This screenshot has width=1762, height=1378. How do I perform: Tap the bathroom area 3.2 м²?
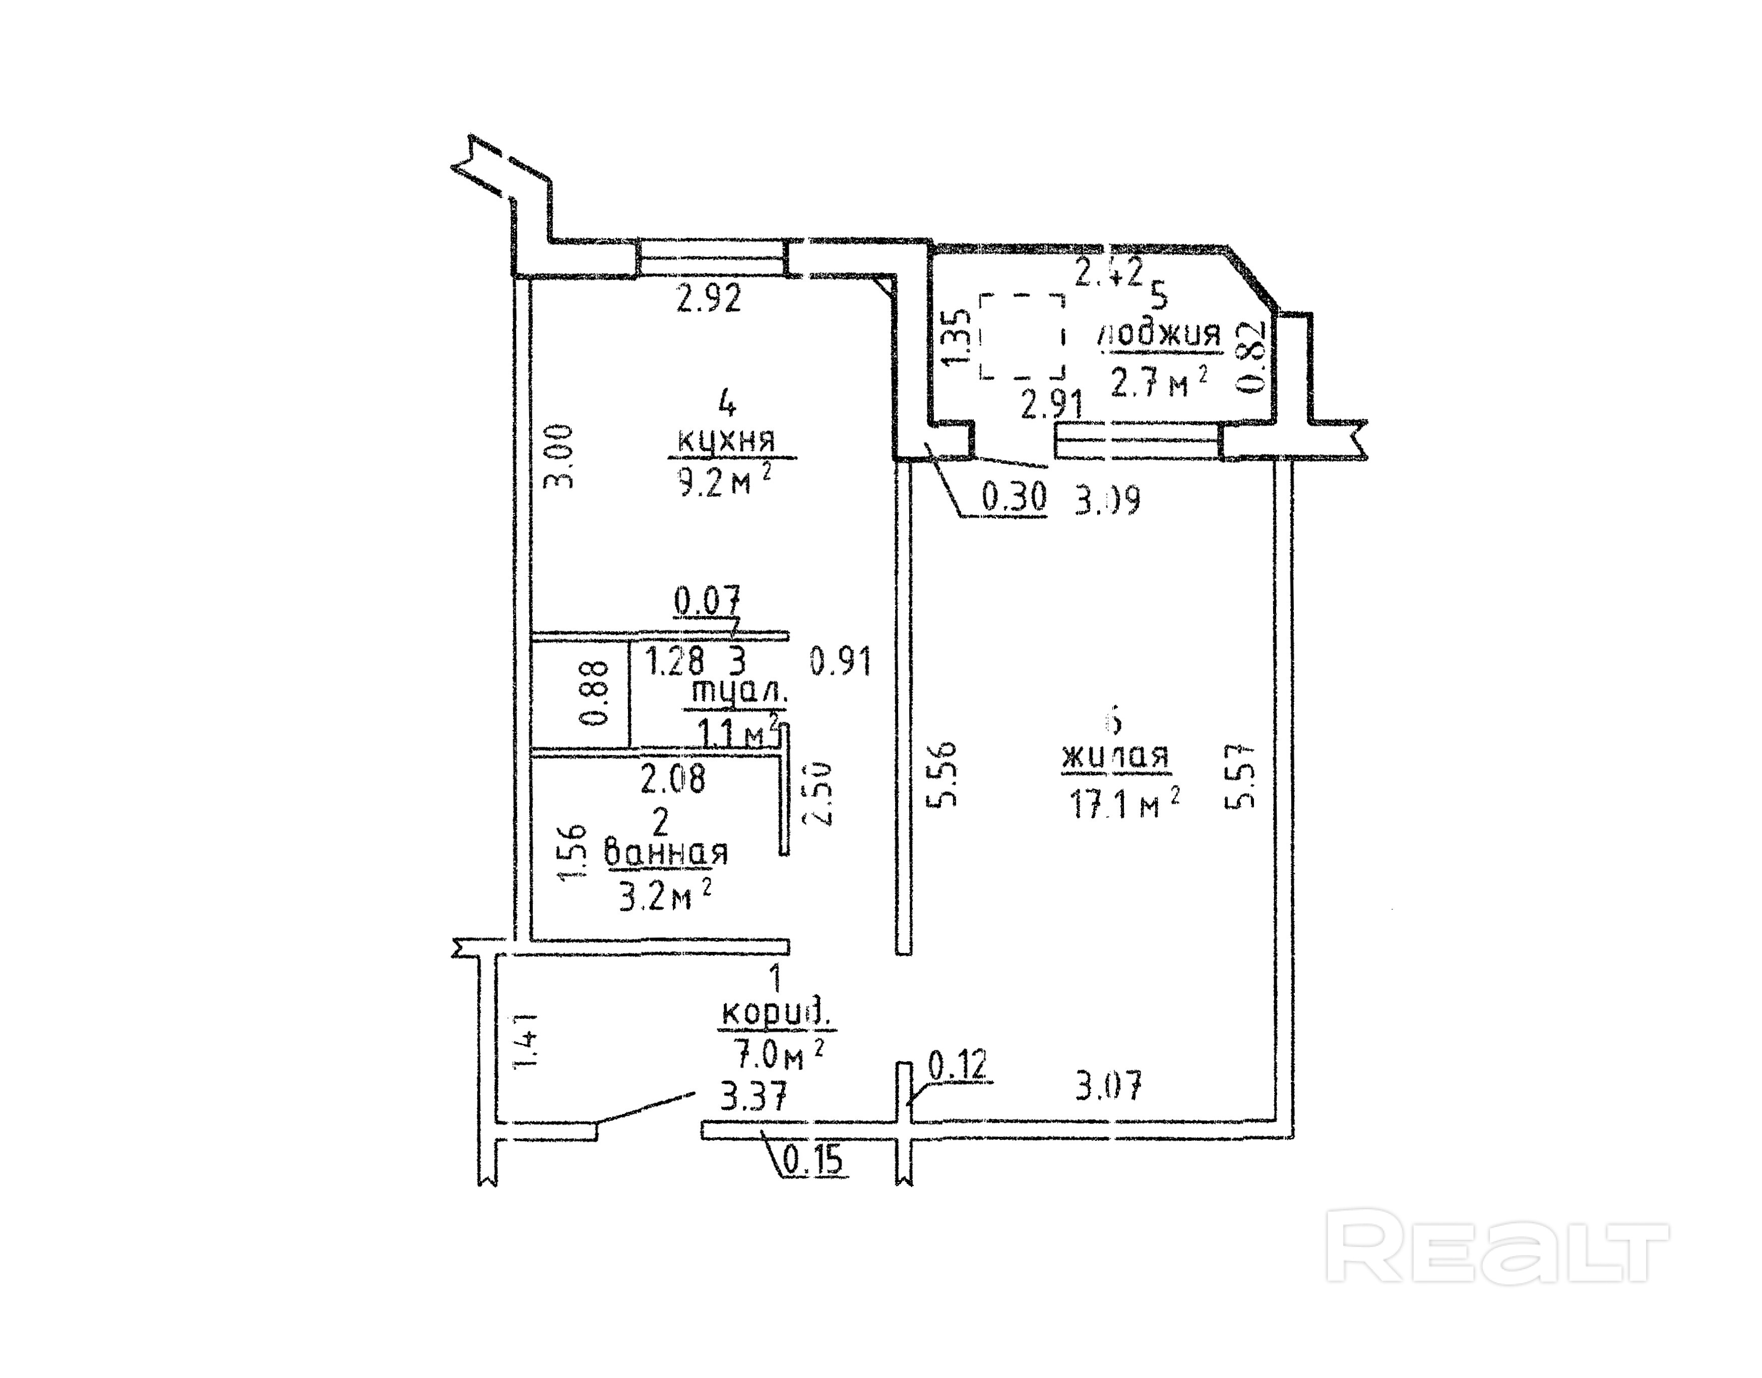pyautogui.click(x=665, y=895)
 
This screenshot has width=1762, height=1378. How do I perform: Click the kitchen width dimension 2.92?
pyautogui.click(x=708, y=299)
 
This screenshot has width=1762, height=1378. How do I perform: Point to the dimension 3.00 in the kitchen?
pyautogui.click(x=559, y=457)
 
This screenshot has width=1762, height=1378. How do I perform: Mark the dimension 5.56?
pyautogui.click(x=943, y=773)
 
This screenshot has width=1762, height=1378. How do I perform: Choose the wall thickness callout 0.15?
pyautogui.click(x=813, y=1162)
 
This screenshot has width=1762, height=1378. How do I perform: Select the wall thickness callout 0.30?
pyautogui.click(x=1014, y=498)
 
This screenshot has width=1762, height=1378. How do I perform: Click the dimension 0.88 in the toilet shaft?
pyautogui.click(x=595, y=693)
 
